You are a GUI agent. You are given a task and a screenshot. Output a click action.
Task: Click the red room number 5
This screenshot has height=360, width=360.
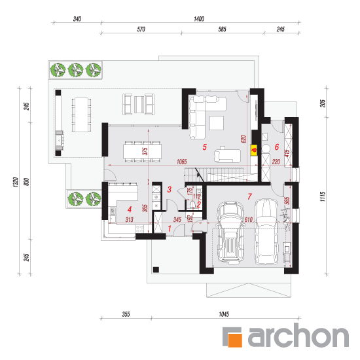[x=205, y=147]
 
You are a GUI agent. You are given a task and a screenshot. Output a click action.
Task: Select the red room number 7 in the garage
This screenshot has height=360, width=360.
[x=249, y=196]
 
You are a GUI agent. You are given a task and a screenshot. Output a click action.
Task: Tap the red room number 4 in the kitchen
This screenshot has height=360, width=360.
[x=130, y=209]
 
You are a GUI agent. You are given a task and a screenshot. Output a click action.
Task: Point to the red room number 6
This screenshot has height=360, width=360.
[x=277, y=147]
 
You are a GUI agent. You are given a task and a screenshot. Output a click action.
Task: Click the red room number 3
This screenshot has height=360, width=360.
[x=170, y=189]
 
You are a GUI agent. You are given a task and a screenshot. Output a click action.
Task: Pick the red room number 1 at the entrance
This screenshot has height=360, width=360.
[x=170, y=228]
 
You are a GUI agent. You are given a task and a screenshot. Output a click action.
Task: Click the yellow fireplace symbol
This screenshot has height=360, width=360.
[x=254, y=150]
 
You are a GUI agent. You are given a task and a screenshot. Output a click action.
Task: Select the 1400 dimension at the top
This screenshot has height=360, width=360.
[x=199, y=19]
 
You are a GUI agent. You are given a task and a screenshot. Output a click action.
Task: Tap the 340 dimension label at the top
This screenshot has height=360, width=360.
[x=77, y=19]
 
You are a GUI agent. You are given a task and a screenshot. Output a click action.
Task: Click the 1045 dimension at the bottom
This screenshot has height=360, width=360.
[x=224, y=314]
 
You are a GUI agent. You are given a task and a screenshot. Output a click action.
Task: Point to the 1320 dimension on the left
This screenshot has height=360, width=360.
[x=16, y=182]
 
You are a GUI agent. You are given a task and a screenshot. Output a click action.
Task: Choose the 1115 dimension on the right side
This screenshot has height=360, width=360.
[x=323, y=196]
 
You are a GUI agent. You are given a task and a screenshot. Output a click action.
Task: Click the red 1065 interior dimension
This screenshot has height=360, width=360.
[x=181, y=162]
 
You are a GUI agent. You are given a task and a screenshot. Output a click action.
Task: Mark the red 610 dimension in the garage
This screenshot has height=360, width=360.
[x=249, y=220]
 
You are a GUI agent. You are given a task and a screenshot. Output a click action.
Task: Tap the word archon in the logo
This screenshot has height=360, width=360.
[x=298, y=335]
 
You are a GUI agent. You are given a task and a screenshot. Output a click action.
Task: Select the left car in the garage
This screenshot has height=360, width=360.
[x=230, y=232]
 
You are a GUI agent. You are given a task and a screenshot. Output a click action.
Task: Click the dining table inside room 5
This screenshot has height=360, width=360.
[x=142, y=151]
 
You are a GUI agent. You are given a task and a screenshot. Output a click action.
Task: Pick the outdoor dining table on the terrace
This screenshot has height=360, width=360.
[x=81, y=115]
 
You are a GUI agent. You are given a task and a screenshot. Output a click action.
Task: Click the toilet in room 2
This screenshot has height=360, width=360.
[x=193, y=204]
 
